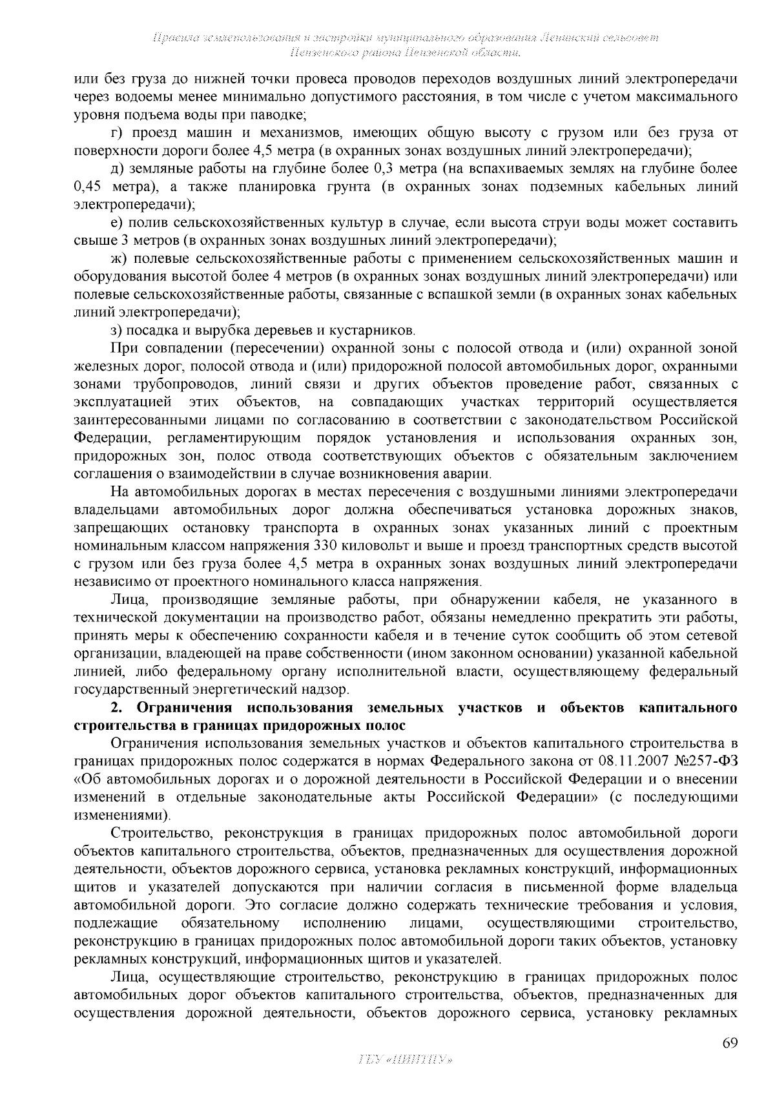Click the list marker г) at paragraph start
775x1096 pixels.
click(118, 133)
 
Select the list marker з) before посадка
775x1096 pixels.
click(116, 331)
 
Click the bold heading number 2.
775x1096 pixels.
click(116, 707)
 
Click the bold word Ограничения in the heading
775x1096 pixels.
click(184, 707)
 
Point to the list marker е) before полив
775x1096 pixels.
click(117, 223)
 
